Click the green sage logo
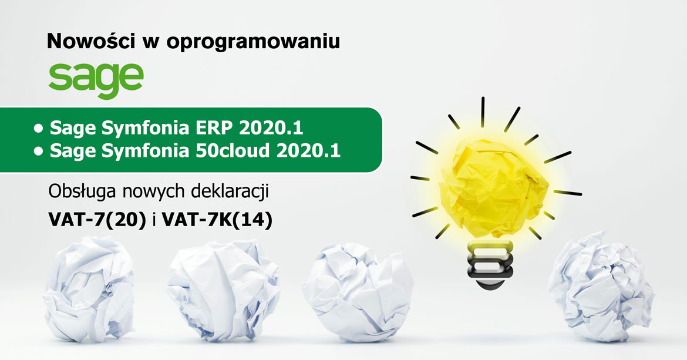pos(96,80)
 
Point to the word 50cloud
pos(232,150)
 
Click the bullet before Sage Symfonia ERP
pos(39,129)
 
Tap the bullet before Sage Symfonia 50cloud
pos(39,151)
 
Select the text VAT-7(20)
pos(97,220)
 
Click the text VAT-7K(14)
pos(217,220)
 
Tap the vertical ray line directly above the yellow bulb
pos(483,112)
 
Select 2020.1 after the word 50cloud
pos(308,150)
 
